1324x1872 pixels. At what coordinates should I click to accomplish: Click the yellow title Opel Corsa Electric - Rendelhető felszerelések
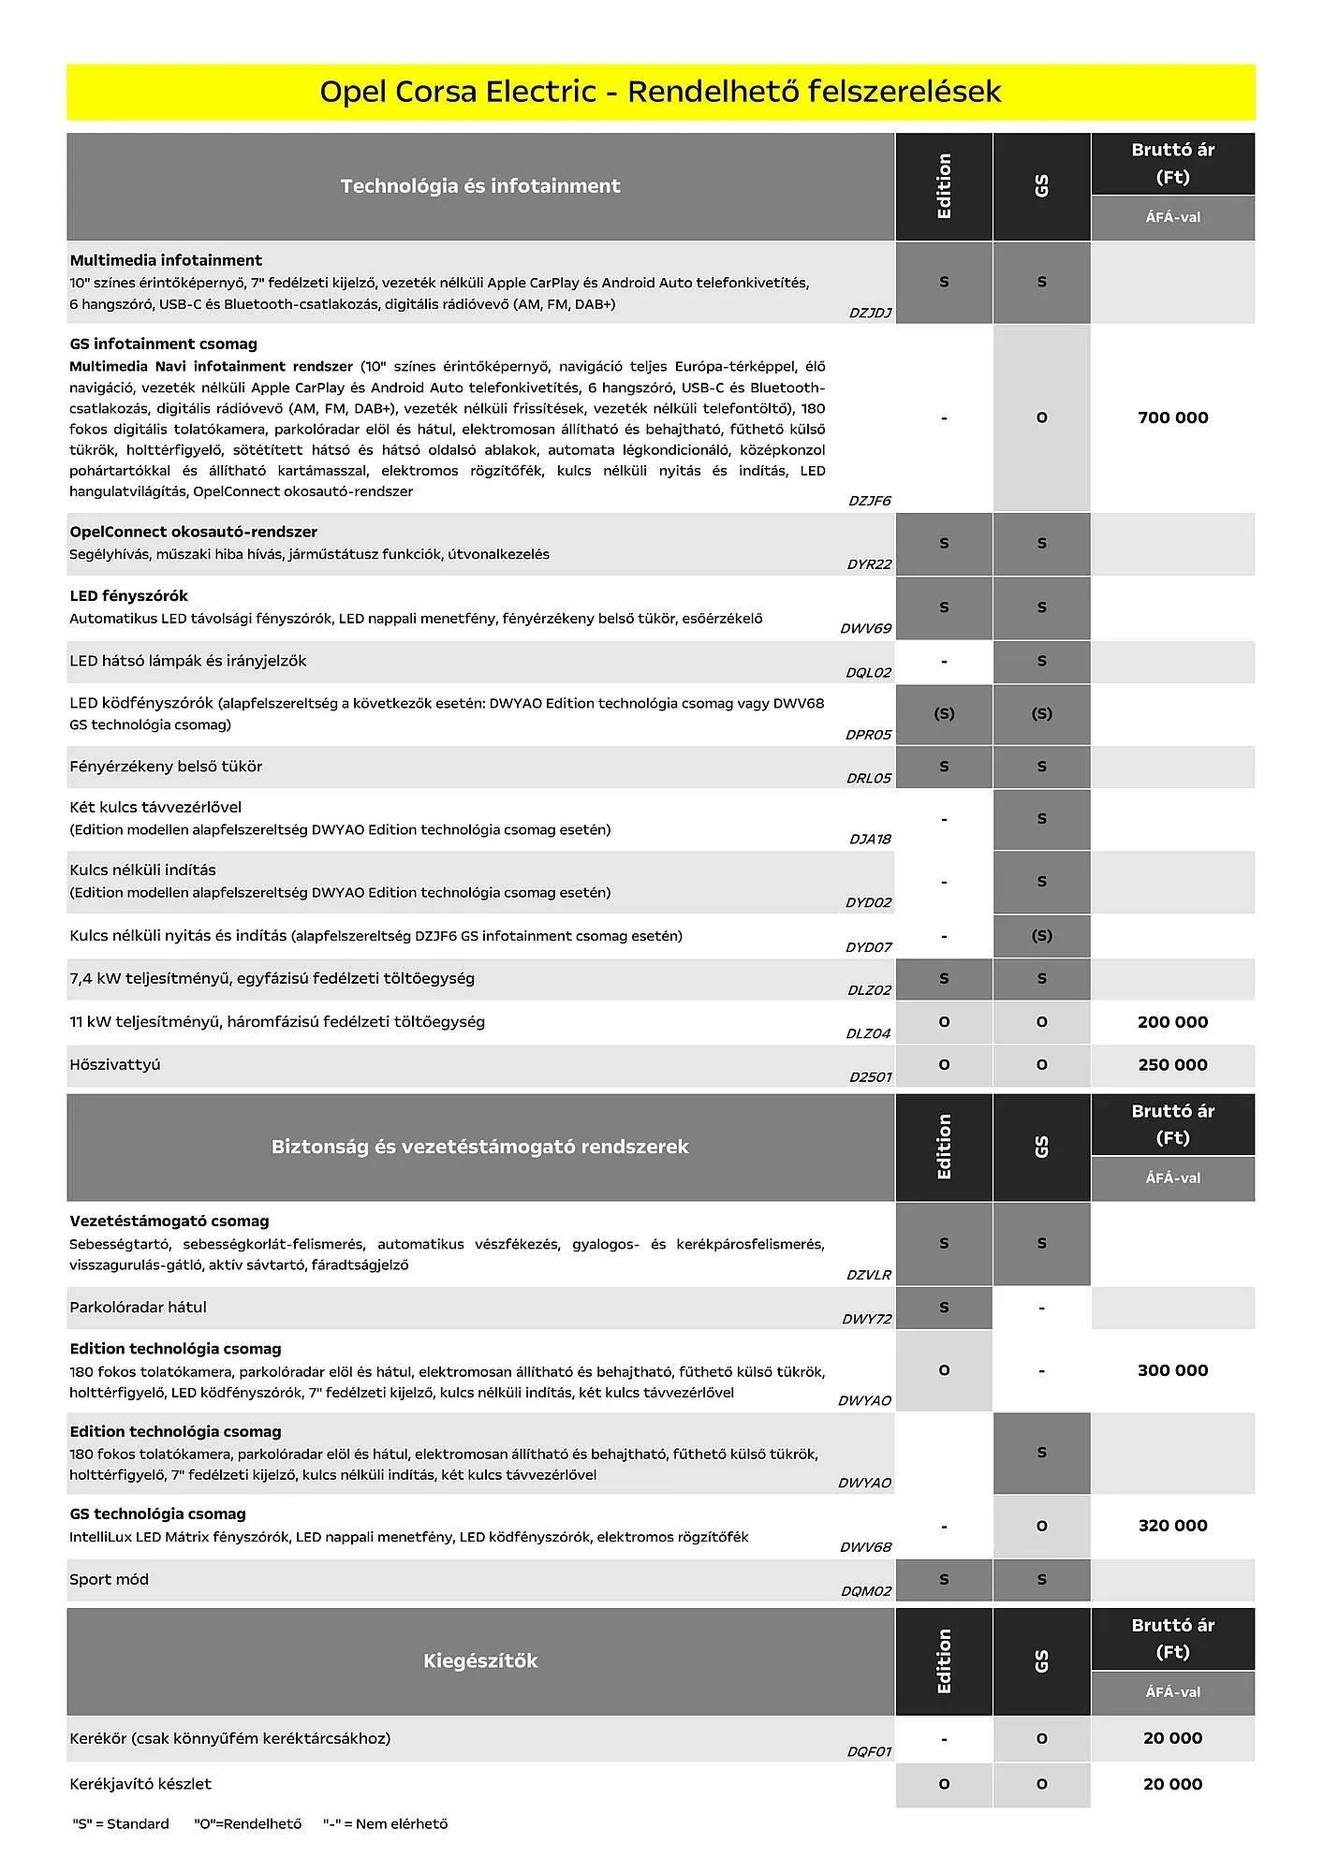(x=660, y=92)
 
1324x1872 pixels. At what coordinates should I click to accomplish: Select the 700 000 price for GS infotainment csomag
(x=1172, y=417)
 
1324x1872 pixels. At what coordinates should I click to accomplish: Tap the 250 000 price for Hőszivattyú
(x=1172, y=1065)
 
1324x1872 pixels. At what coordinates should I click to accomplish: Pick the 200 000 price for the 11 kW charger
(x=1172, y=1022)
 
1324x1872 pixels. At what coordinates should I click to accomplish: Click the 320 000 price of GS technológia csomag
(x=1172, y=1526)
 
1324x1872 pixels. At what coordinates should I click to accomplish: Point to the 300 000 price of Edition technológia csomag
(x=1172, y=1370)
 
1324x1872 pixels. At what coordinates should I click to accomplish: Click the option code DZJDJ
(x=870, y=314)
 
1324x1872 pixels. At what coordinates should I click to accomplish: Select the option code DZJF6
(x=870, y=501)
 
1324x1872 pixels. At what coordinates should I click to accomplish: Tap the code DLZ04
(x=868, y=1034)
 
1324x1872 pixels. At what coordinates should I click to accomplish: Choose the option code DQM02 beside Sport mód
(x=866, y=1591)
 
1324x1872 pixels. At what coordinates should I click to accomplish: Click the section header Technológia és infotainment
(x=480, y=186)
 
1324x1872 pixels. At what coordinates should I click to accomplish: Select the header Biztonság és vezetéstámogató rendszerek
(x=480, y=1147)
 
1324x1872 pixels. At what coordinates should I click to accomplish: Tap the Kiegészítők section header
(x=480, y=1661)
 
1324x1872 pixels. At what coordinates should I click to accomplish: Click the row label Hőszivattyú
(x=115, y=1065)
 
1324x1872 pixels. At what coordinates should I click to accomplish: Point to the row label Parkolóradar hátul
(x=138, y=1308)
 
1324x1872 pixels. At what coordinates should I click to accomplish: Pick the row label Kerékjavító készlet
(x=140, y=1784)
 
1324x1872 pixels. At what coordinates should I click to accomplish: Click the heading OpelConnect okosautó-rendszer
(x=193, y=532)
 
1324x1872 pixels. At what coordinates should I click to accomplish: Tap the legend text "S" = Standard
(x=121, y=1824)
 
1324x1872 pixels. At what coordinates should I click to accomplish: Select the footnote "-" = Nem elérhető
(x=386, y=1824)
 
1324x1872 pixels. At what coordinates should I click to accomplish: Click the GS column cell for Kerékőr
(x=1041, y=1739)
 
